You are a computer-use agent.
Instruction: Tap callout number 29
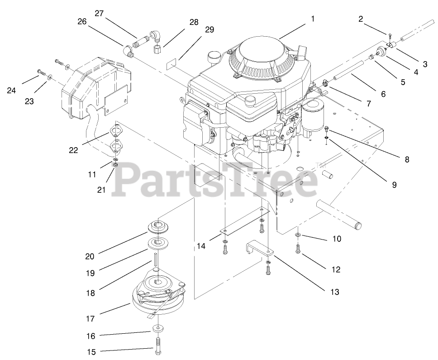pos(209,30)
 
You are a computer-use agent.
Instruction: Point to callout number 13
pos(334,292)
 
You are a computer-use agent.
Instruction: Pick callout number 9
pos(394,185)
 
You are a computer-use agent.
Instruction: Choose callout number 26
pos(81,21)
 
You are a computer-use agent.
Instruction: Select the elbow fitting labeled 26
pos(129,50)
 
